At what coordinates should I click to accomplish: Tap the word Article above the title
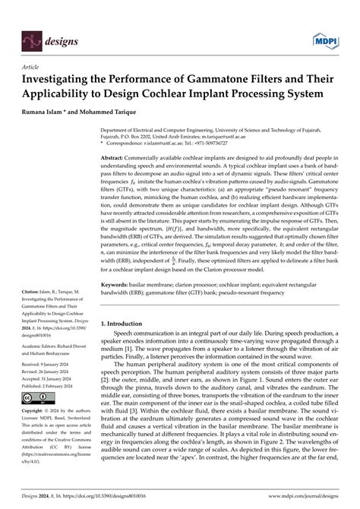[33, 67]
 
